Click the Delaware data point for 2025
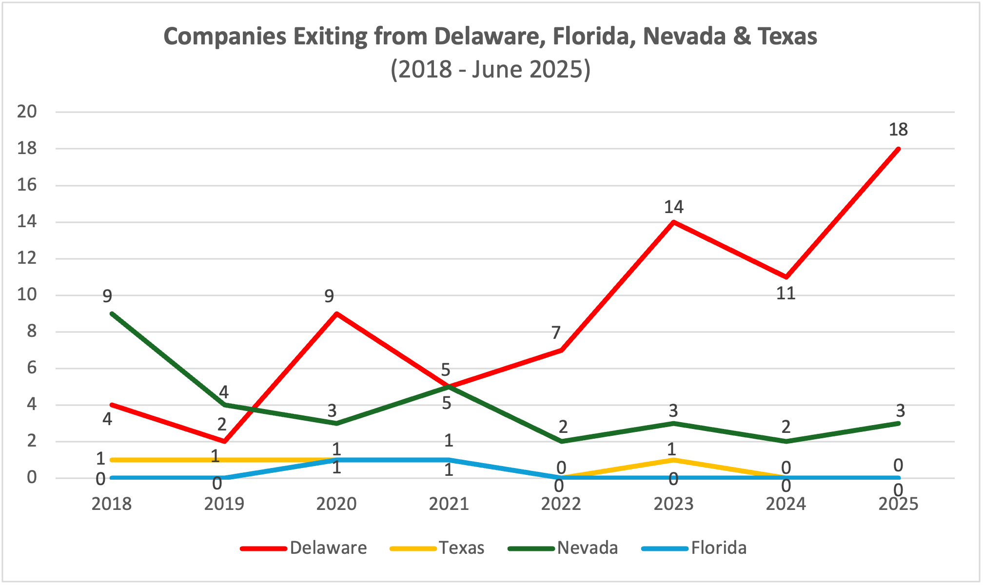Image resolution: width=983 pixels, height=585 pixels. (x=898, y=149)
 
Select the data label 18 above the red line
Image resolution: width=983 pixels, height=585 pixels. (x=898, y=130)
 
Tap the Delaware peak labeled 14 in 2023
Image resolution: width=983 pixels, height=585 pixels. (x=673, y=222)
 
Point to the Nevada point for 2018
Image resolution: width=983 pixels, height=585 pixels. (x=112, y=313)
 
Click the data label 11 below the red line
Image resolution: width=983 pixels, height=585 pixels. (x=786, y=293)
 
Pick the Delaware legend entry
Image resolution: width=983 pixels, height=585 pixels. (x=328, y=548)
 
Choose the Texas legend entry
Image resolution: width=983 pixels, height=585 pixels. (x=461, y=548)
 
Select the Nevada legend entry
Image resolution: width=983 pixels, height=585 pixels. (x=587, y=548)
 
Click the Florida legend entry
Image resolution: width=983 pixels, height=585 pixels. (x=718, y=548)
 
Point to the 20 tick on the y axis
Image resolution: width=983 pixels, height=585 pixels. (x=27, y=112)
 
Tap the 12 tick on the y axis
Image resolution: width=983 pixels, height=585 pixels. (x=27, y=258)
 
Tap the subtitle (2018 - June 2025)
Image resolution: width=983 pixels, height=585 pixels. (x=491, y=69)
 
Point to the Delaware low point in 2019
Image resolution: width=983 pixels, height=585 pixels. (x=224, y=441)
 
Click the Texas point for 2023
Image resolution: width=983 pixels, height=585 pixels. (x=673, y=460)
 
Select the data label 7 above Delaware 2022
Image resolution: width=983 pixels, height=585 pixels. (x=556, y=333)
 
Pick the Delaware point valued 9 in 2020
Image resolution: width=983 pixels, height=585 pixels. (x=336, y=313)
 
